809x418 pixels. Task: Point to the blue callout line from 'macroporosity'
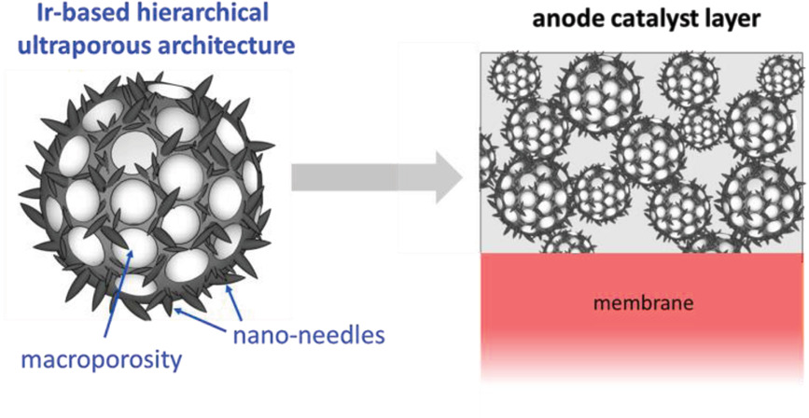tap(118, 299)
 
